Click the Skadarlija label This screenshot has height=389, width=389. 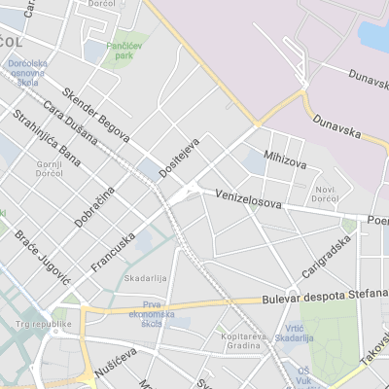[x=142, y=278]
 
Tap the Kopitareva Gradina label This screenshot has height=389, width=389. [x=242, y=340]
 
